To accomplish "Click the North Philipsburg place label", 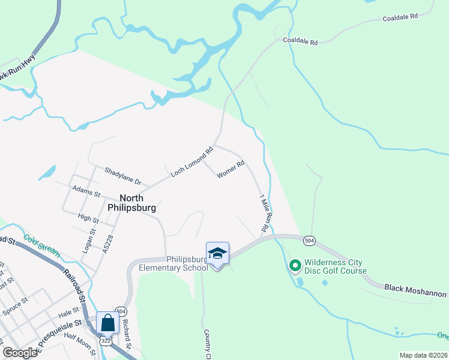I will point(138,203).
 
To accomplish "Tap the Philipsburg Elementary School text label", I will point(173,262).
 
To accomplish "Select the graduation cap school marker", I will point(217,253).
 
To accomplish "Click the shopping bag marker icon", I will point(107,323).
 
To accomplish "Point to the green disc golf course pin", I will point(295,265).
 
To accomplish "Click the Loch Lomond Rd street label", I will point(191,163).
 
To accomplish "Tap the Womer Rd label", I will point(231,169).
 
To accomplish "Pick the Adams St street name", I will point(86,192).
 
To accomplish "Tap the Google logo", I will point(20,352).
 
